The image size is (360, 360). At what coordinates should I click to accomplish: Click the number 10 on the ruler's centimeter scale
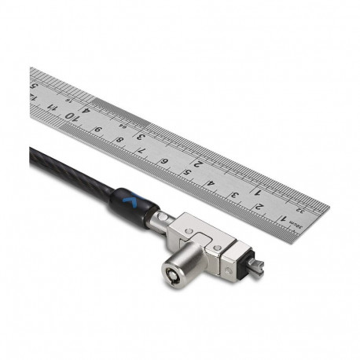tap(72, 116)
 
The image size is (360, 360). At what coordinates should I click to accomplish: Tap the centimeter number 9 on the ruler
tap(97, 129)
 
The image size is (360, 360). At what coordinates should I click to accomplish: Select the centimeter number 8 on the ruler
tap(119, 140)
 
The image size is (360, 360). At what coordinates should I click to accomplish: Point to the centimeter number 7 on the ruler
tap(142, 151)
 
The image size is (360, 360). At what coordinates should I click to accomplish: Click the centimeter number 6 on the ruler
tap(164, 162)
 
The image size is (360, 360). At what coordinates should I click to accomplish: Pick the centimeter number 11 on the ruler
tap(49, 105)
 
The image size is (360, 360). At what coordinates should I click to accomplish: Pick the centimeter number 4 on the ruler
tap(211, 184)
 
